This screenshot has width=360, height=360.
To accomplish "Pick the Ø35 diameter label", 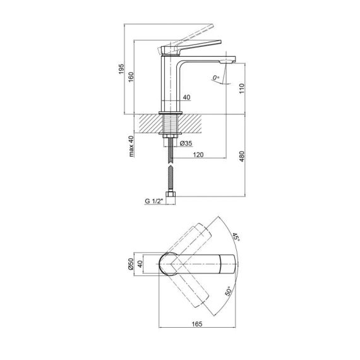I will (186, 144).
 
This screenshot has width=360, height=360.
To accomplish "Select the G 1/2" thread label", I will (153, 201).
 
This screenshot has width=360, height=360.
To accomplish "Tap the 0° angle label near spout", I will (217, 78).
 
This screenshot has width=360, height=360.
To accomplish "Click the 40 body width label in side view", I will (186, 97).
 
